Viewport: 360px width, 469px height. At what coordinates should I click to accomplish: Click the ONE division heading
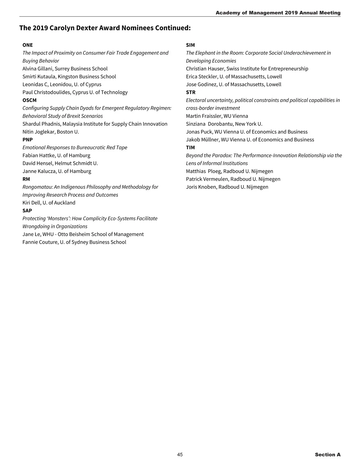pos(28,45)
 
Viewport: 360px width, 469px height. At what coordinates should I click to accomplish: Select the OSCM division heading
pos(29,100)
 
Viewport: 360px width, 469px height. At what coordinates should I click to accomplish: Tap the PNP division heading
pos(28,139)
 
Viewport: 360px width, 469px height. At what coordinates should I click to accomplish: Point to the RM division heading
pos(26,179)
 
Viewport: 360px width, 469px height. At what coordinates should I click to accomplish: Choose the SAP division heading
pos(27,211)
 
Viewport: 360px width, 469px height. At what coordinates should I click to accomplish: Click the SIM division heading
pos(190,45)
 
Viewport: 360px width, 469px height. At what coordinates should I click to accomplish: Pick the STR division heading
pos(190,92)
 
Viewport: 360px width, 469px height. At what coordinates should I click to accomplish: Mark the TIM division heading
pos(190,148)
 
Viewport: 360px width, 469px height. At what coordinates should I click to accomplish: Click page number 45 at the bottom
pos(180,455)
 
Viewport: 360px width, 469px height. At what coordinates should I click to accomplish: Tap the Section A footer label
pos(328,455)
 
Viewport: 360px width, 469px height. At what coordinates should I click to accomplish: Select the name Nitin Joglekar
pos(38,132)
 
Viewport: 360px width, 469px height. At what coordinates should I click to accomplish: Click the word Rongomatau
pos(37,187)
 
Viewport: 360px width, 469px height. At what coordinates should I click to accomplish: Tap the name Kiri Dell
pos(31,203)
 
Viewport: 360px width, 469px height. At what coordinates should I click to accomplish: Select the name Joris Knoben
pos(201,187)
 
